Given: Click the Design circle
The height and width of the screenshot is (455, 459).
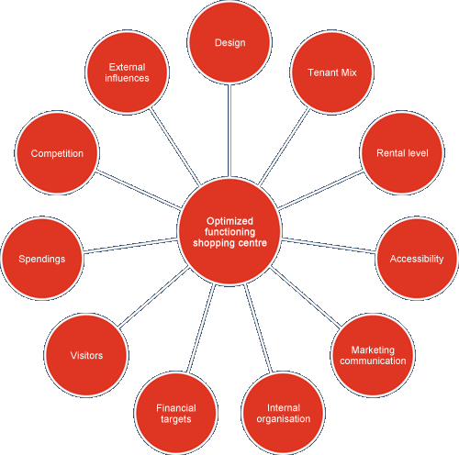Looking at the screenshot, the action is pos(229,42).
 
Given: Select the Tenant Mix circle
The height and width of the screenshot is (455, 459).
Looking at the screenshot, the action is pos(331,72).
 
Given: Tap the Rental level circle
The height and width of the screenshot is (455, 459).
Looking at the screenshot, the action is pos(402,152).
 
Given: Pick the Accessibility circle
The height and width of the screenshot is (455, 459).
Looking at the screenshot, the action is pos(417,259).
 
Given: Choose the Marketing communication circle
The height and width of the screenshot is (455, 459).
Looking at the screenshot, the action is pos(373,355).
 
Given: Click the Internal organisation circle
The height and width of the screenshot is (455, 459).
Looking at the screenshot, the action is pos(284,413).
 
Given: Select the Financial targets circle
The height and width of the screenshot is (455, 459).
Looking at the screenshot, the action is pos(176,413).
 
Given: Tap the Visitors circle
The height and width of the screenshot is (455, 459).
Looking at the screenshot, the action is pos(86,355).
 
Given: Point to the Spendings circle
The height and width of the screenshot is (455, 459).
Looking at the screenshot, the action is pos(42,259).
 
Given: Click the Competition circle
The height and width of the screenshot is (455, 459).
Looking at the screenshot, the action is pos(57,152).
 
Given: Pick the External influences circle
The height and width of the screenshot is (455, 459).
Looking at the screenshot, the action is pos(127,72).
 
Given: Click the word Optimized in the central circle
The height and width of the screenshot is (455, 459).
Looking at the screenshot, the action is pos(229,221).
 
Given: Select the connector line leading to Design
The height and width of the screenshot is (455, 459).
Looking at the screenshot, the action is pos(229,130).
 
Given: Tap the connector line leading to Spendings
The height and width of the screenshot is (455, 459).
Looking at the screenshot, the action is pos(130,246).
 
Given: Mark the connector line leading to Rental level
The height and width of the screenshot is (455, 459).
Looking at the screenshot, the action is pos(320,190).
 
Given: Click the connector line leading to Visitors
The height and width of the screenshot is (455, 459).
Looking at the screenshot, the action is pos(153,297).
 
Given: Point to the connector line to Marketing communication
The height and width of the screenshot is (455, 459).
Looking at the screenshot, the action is pos(306,296).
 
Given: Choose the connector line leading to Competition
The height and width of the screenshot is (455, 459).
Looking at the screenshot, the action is pos(139,190).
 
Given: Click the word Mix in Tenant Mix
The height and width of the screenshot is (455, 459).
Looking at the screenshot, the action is pos(349,72).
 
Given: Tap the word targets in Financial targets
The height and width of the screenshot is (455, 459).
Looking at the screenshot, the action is pos(176,419).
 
